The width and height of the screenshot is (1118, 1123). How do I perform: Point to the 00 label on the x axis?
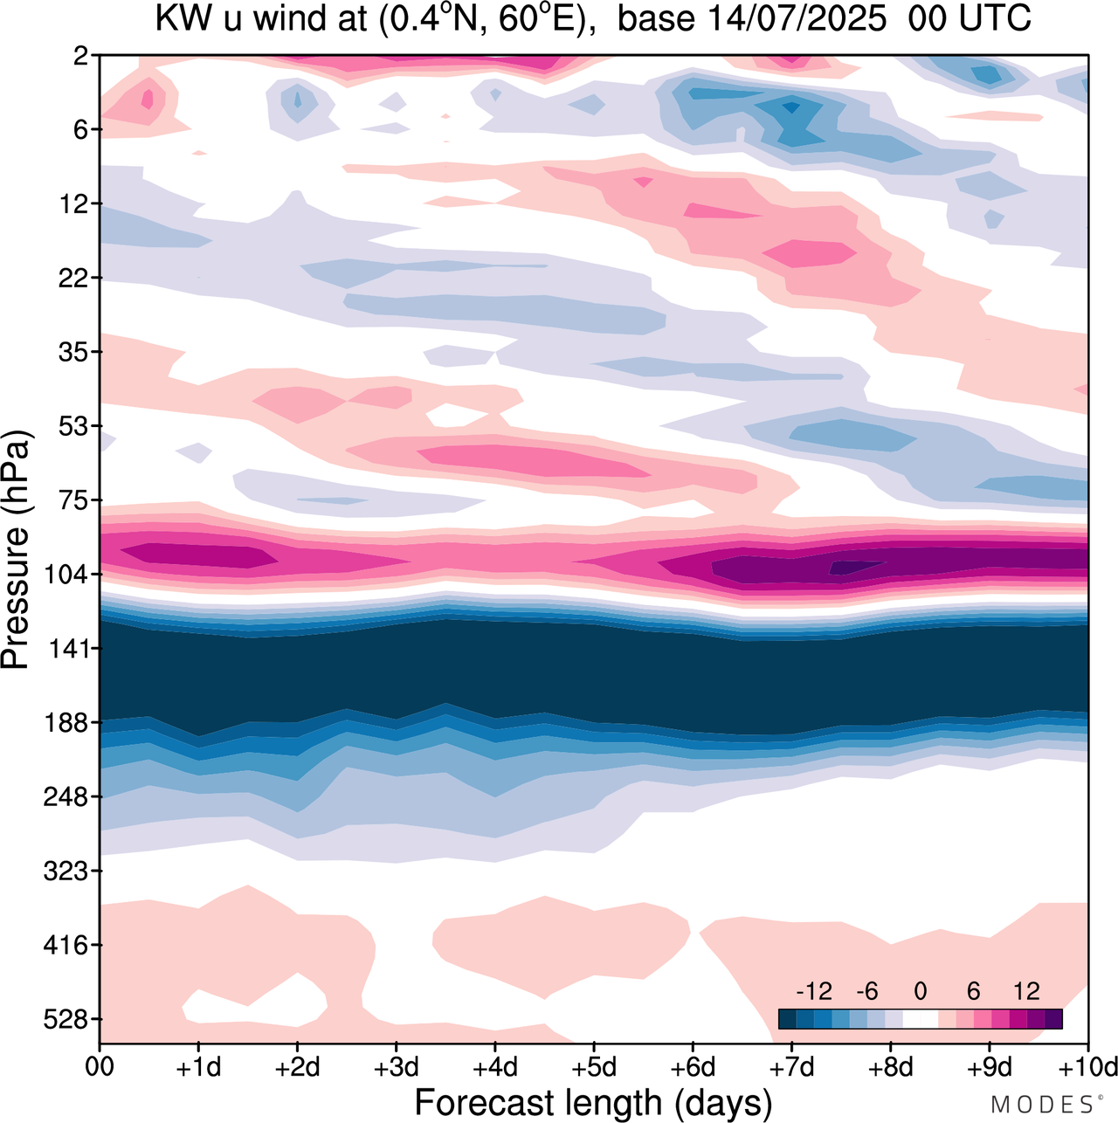(100, 1068)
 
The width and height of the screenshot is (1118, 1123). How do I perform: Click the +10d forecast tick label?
(1087, 1068)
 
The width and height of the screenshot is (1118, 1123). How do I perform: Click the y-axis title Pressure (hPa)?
(16, 550)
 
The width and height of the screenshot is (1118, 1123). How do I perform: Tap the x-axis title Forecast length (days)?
(593, 1103)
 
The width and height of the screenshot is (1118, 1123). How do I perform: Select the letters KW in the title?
(177, 18)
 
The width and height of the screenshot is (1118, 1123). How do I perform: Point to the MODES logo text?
(1041, 1105)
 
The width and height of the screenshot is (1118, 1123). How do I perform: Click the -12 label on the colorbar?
(813, 991)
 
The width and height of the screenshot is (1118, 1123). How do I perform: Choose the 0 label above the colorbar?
(920, 991)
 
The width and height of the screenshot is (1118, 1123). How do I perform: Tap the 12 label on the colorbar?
(1026, 991)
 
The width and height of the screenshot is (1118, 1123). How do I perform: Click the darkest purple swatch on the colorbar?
(1053, 1019)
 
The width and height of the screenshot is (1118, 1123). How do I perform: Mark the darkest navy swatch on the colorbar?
(787, 1019)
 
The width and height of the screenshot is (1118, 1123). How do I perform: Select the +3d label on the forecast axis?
(396, 1068)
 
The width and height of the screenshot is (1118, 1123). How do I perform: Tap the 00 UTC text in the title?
(970, 18)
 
